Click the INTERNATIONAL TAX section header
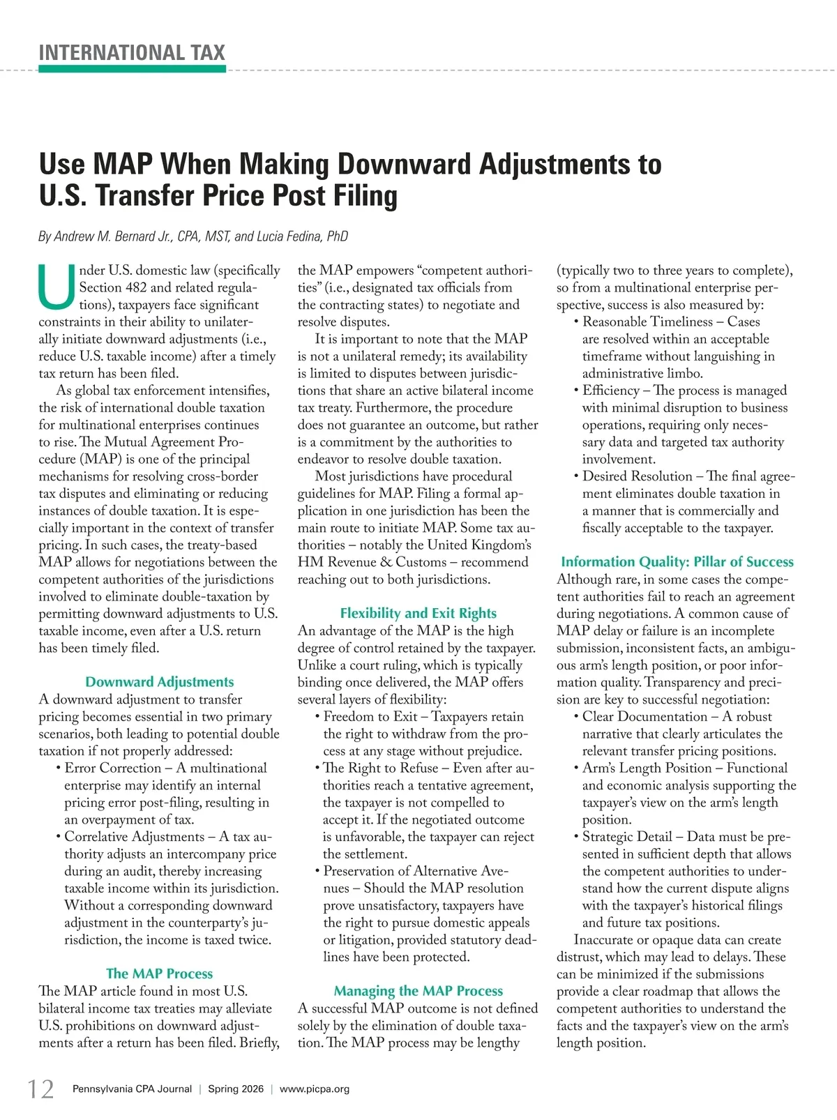pyautogui.click(x=132, y=53)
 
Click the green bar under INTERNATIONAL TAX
pyautogui.click(x=132, y=69)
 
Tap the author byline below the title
pyautogui.click(x=193, y=236)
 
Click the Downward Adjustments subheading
pyautogui.click(x=159, y=682)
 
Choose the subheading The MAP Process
pyautogui.click(x=159, y=974)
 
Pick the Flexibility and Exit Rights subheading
pyautogui.click(x=418, y=613)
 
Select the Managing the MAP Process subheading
pyautogui.click(x=418, y=991)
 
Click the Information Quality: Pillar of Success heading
pyautogui.click(x=677, y=561)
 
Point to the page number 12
pyautogui.click(x=40, y=1089)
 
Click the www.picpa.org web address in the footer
pyautogui.click(x=315, y=1089)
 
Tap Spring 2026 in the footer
pyautogui.click(x=236, y=1089)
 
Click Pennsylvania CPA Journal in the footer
pyautogui.click(x=132, y=1089)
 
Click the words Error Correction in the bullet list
pyautogui.click(x=112, y=768)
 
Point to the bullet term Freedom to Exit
pyautogui.click(x=370, y=717)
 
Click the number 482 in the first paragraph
pyautogui.click(x=136, y=287)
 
